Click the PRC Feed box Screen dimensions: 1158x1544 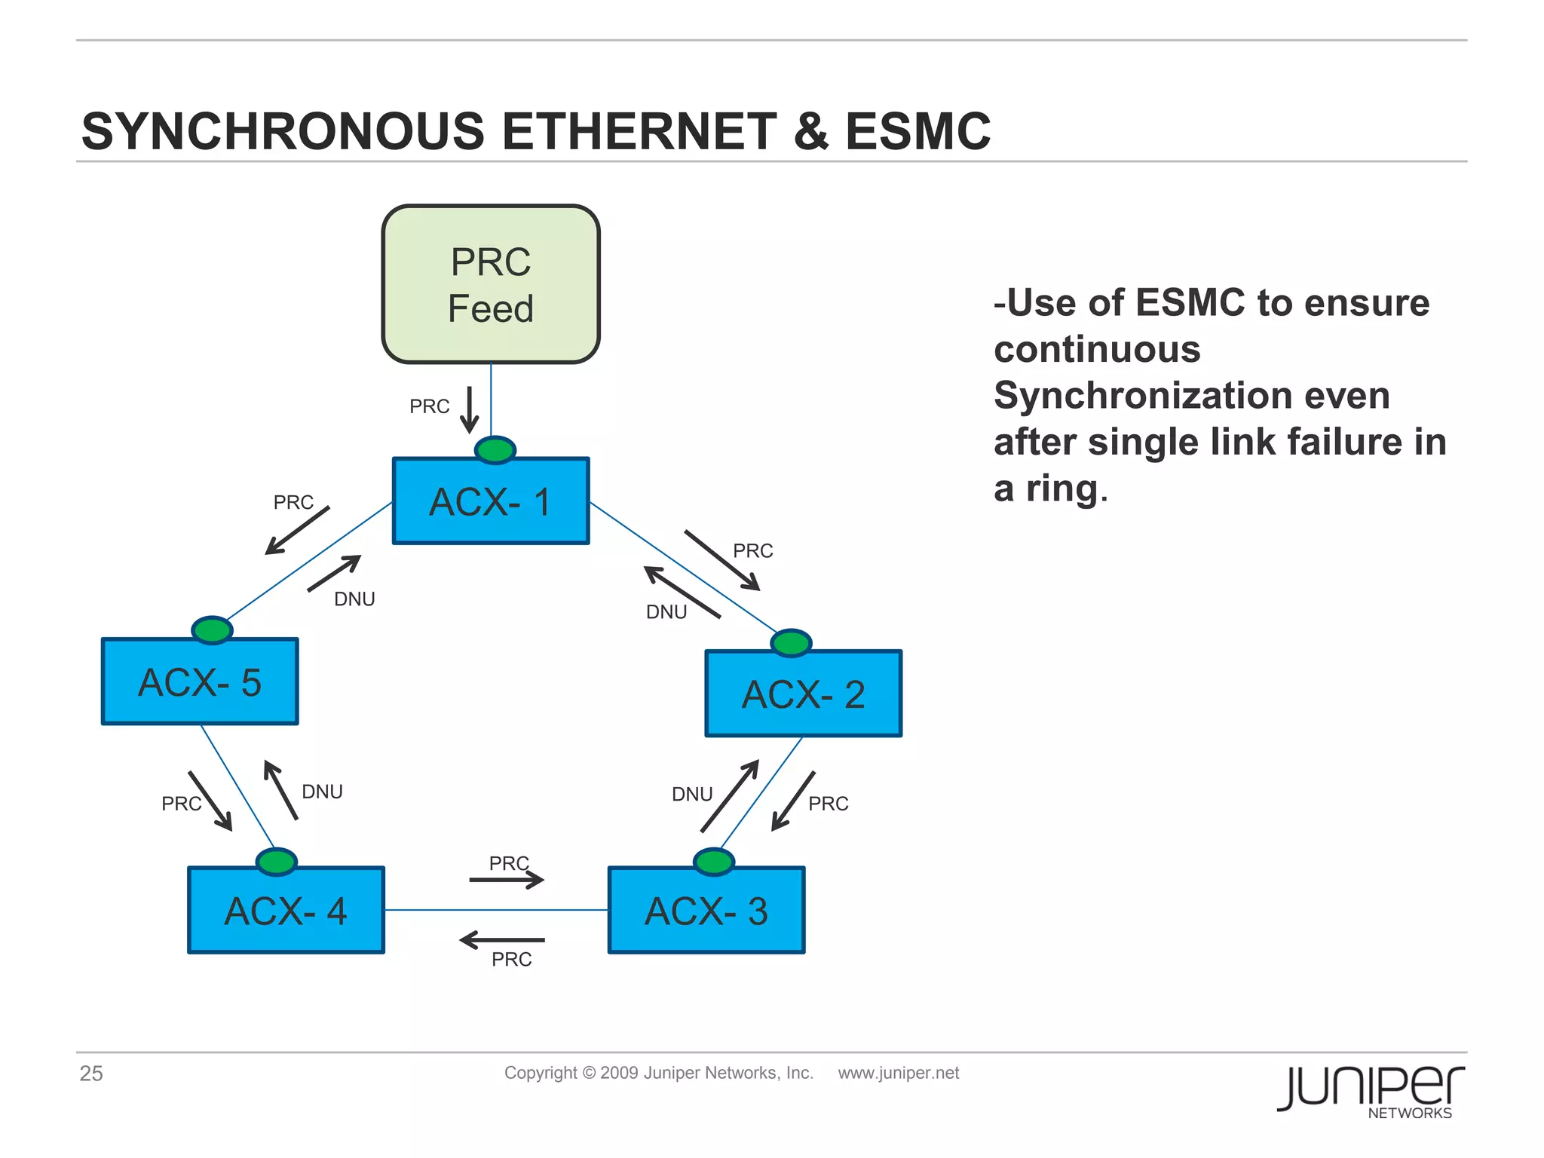point(491,284)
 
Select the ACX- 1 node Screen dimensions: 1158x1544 point(491,501)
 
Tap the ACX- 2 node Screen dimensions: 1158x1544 point(803,694)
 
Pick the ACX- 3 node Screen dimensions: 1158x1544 point(706,910)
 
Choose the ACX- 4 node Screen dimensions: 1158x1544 point(286,910)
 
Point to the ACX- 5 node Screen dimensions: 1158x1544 point(200,682)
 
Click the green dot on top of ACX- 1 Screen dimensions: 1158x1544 point(495,450)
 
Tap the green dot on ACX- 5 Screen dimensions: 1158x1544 point(212,630)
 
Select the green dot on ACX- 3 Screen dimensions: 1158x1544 point(713,861)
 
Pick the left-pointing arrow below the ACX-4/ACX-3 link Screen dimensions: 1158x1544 point(502,940)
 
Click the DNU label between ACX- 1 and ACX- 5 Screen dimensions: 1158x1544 point(354,599)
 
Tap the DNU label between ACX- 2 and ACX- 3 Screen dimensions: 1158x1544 point(691,795)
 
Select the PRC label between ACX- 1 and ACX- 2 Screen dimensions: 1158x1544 point(752,551)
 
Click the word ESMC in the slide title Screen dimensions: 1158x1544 point(918,132)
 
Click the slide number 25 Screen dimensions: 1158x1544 point(91,1074)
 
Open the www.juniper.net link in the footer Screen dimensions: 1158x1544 point(898,1073)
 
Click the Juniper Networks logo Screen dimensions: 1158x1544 point(1370,1090)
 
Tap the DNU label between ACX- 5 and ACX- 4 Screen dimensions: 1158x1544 point(322,792)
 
